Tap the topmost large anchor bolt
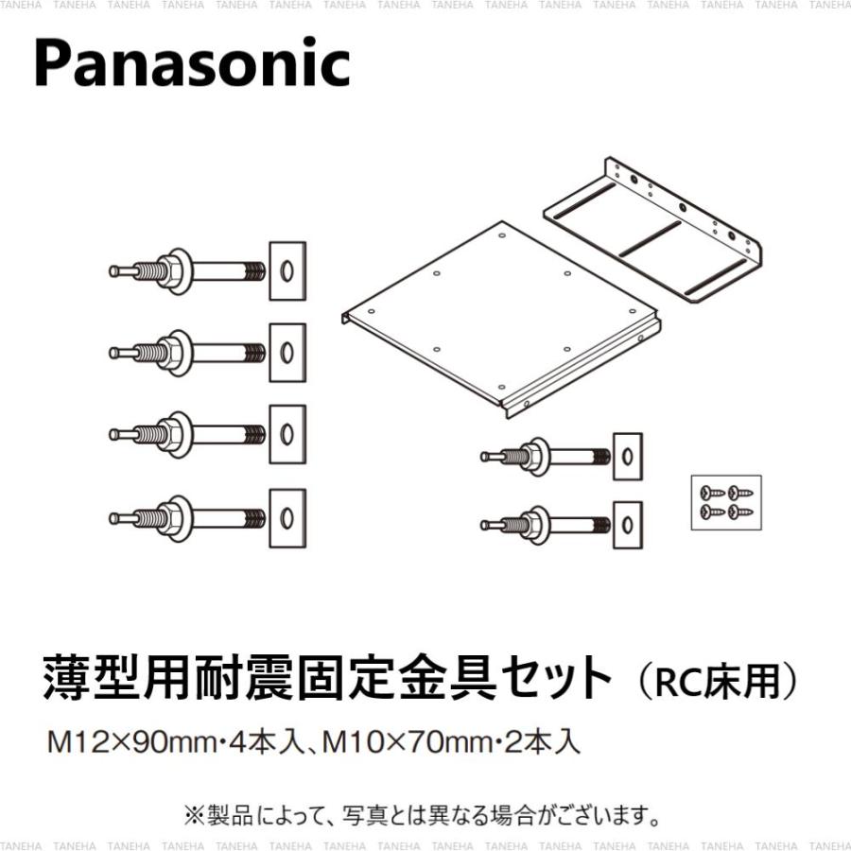pos(189,270)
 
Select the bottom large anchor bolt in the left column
pos(189,517)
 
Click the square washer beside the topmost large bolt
pos(287,270)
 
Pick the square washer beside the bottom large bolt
pos(287,517)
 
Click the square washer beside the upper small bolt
pos(627,457)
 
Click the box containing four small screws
pos(725,501)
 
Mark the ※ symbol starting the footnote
pos(193,812)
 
